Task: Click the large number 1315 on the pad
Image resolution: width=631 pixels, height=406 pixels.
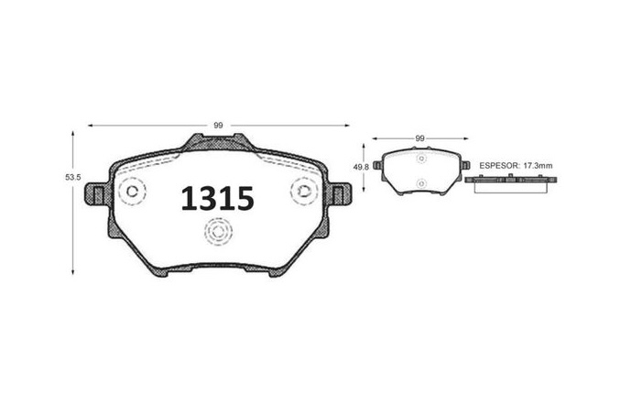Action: [x=217, y=199]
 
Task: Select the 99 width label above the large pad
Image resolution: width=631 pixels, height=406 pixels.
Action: [x=218, y=126]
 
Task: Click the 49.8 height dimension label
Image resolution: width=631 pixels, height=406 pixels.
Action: [x=361, y=167]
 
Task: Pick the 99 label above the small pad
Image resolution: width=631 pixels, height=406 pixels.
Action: [x=419, y=138]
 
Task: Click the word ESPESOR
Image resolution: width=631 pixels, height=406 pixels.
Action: [x=498, y=166]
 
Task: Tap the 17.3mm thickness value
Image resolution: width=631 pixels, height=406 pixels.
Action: [x=537, y=166]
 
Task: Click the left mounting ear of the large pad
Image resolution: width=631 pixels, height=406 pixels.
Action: [x=96, y=194]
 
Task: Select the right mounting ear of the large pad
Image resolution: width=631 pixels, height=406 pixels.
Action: [x=339, y=194]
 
